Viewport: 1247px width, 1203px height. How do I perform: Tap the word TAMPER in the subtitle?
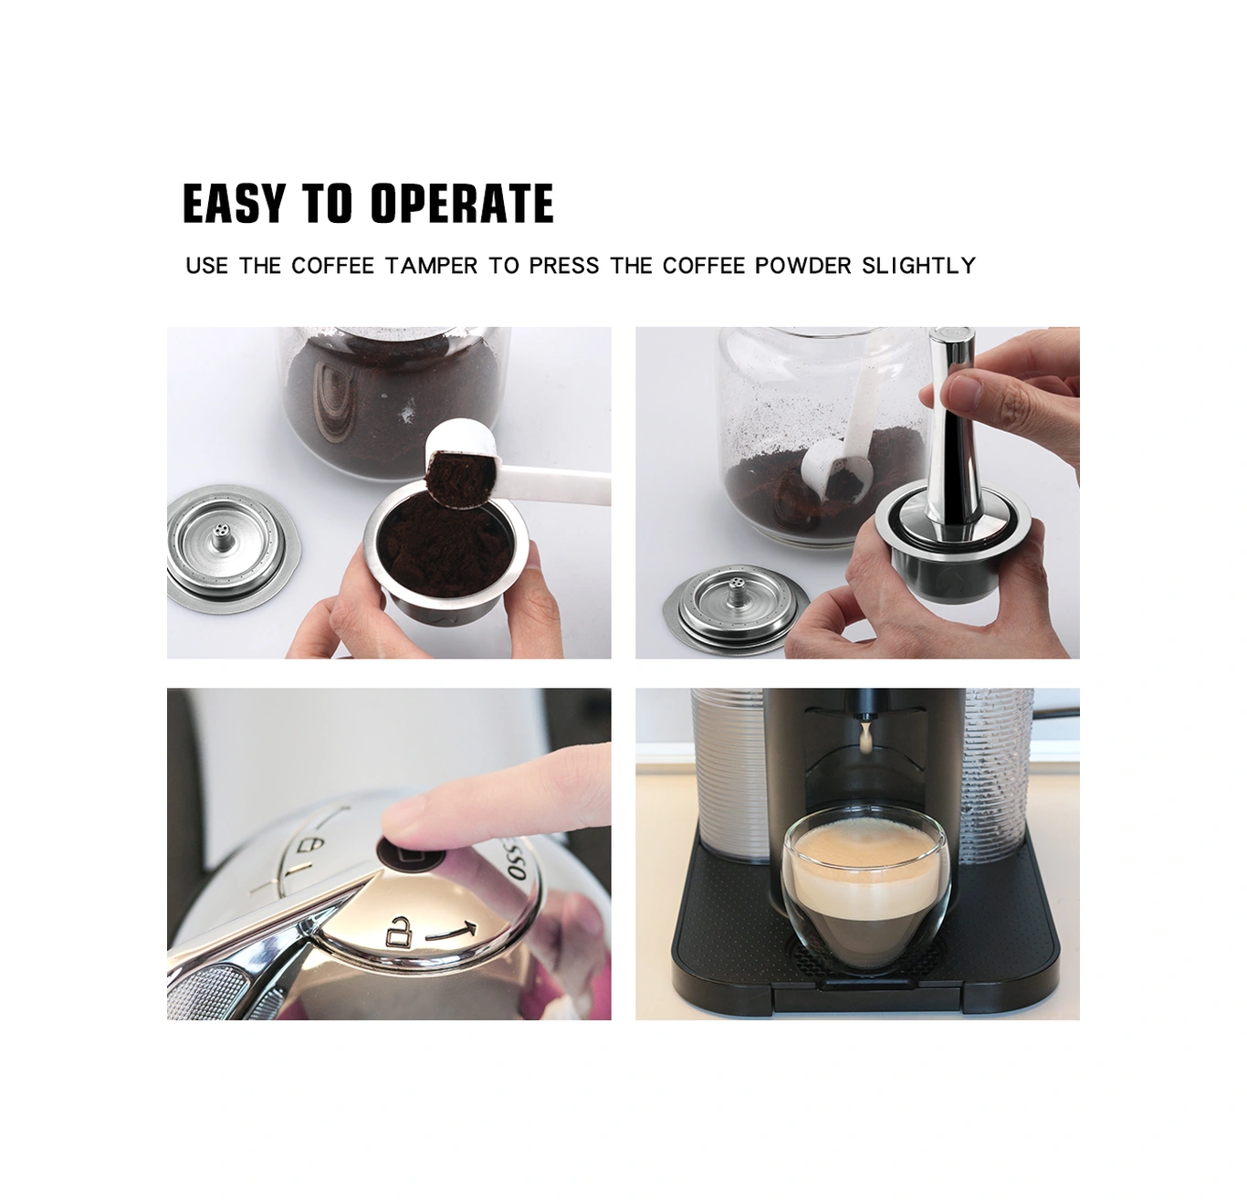(x=431, y=266)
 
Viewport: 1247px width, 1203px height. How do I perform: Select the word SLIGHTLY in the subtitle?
(x=918, y=266)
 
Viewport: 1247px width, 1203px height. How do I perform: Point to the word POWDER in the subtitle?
(x=803, y=266)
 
